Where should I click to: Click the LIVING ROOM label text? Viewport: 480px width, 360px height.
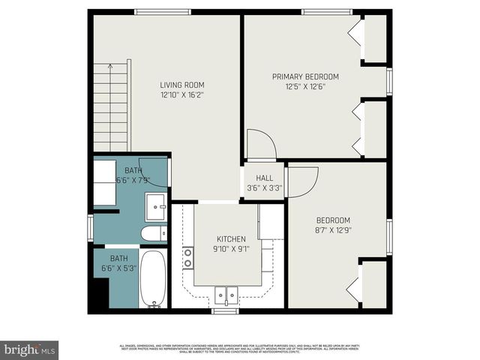coord(181,85)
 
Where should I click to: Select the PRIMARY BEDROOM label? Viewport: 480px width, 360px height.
coord(305,76)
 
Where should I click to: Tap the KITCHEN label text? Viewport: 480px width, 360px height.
coord(231,238)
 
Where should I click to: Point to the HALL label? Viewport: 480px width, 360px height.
coord(264,178)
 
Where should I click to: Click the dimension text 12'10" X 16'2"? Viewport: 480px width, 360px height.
coord(181,95)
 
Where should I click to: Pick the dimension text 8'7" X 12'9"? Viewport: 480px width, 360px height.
coord(334,231)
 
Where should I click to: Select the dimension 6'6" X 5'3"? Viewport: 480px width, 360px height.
coord(119,268)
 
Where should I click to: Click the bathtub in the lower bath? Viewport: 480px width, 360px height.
coord(154,278)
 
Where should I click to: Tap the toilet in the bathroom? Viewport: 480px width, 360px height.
coord(153,234)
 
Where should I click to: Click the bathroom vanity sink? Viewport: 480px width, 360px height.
coord(157,204)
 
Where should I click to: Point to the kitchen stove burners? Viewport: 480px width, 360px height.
coord(187,256)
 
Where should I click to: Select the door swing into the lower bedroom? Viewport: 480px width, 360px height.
coord(302,181)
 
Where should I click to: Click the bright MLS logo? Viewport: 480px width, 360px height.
coord(30,349)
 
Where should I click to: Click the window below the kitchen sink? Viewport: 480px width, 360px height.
coord(224,310)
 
